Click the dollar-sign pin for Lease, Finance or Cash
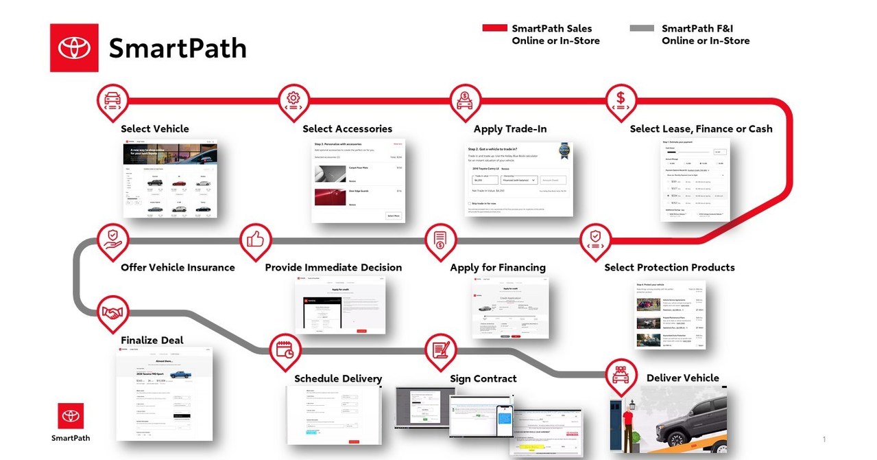(x=621, y=100)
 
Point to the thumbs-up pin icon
(x=256, y=240)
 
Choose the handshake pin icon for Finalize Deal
(x=113, y=312)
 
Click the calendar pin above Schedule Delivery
(x=285, y=349)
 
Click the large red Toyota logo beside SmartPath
(x=74, y=48)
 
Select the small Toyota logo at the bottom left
(x=71, y=416)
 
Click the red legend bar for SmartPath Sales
(x=494, y=28)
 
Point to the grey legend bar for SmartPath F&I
(x=641, y=28)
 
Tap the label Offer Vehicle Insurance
(x=178, y=268)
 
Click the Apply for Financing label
(x=498, y=268)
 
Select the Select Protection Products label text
(x=669, y=268)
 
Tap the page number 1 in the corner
(x=824, y=439)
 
